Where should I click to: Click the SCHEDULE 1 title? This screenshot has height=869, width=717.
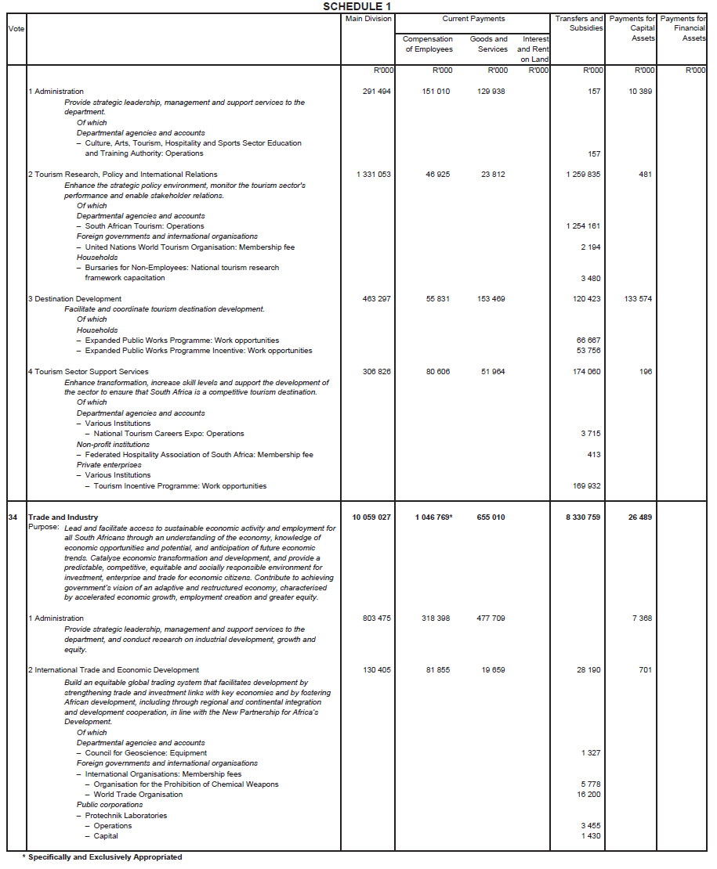[357, 6]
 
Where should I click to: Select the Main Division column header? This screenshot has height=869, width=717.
[368, 19]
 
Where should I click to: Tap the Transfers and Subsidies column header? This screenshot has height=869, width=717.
[579, 23]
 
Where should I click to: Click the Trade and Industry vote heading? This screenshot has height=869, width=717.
[63, 517]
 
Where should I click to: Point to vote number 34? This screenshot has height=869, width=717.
[13, 517]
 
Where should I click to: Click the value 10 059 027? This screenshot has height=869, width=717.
[371, 517]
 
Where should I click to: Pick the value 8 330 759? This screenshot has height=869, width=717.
[581, 517]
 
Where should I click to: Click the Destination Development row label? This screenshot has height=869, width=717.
[74, 299]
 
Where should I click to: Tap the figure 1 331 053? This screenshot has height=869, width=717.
[373, 175]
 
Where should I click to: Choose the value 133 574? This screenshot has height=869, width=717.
[638, 299]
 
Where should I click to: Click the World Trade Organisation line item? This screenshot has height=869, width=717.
[139, 795]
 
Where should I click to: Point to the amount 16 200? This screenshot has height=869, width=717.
[588, 795]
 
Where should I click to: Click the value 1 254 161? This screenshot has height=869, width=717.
[583, 226]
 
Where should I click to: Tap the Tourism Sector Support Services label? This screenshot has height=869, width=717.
[88, 372]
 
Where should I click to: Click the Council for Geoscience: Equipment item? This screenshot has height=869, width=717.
[146, 753]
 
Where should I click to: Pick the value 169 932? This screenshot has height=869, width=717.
[587, 486]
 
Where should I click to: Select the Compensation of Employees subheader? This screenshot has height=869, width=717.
[429, 44]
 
